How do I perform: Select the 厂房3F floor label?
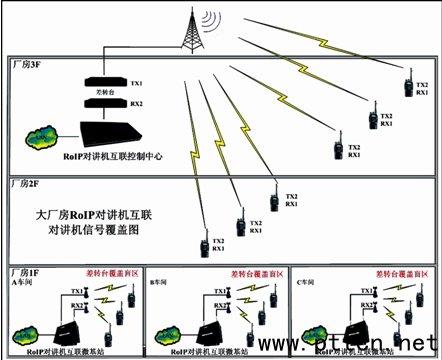[26, 64]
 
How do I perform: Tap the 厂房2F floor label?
[26, 184]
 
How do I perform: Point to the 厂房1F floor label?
[26, 271]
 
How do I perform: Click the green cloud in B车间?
[173, 331]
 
